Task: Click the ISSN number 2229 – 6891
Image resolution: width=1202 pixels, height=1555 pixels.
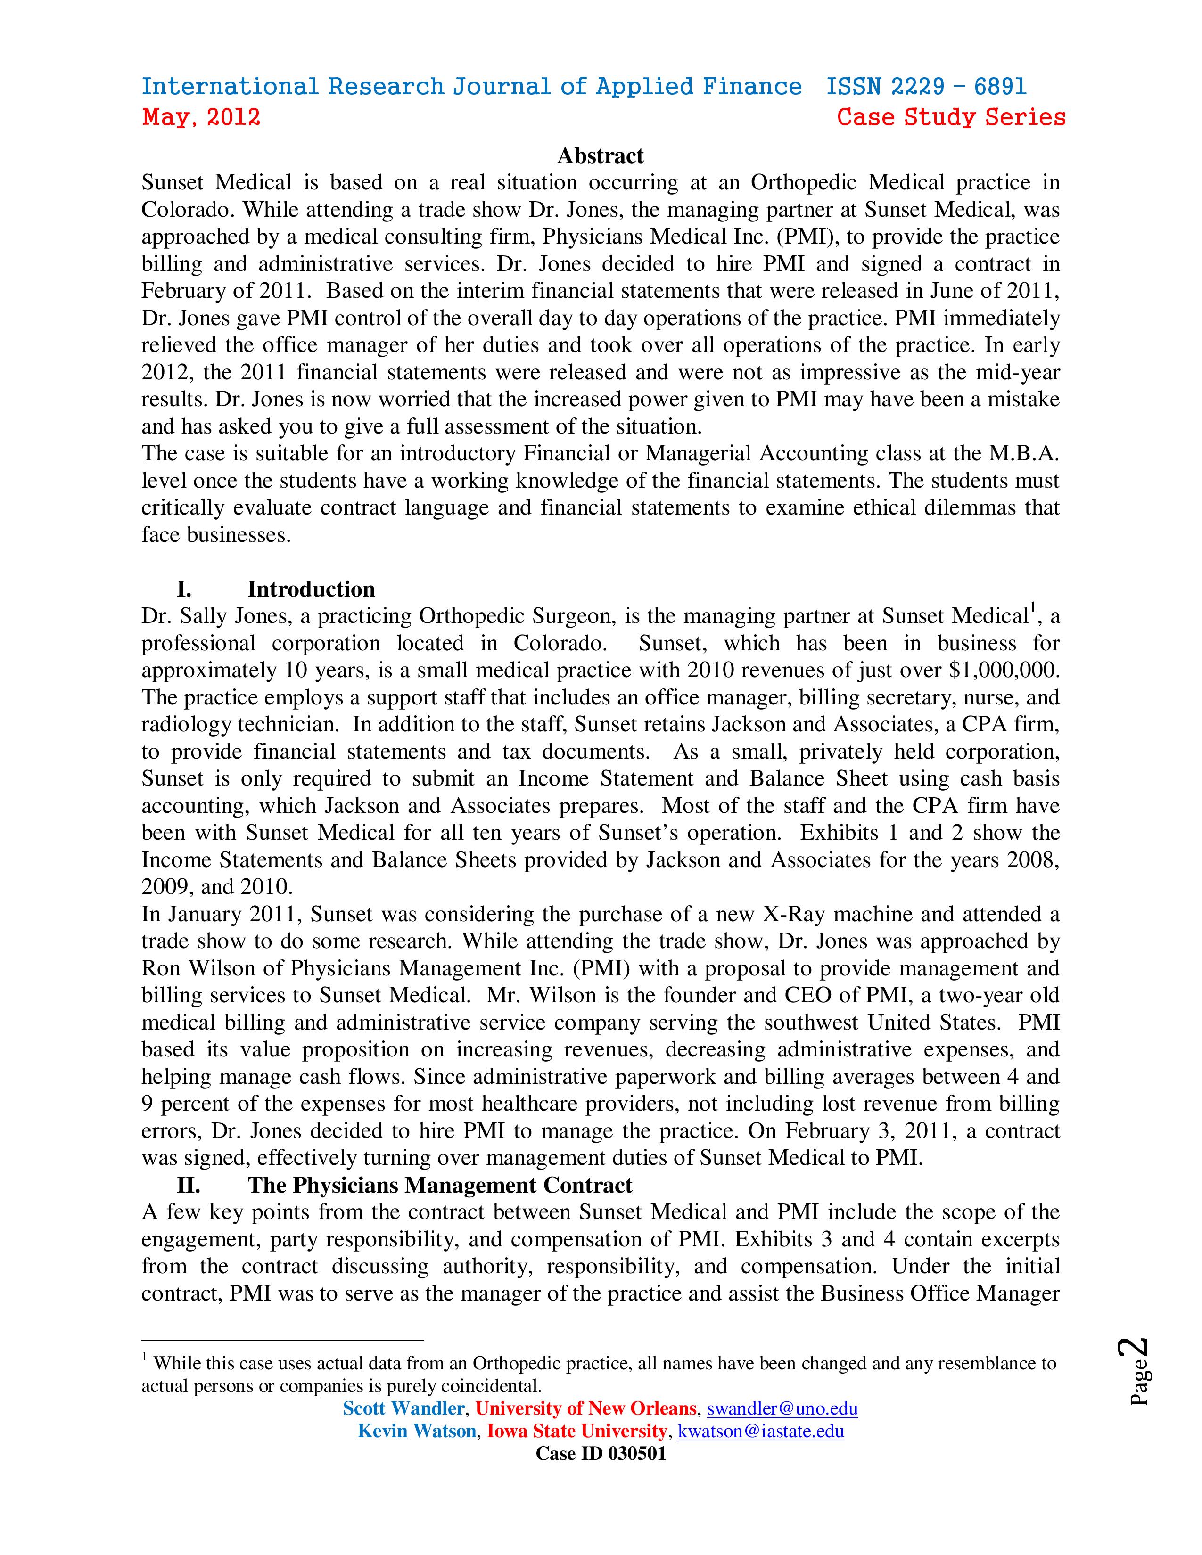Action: pyautogui.click(x=926, y=87)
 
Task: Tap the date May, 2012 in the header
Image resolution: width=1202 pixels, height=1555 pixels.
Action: pyautogui.click(x=201, y=117)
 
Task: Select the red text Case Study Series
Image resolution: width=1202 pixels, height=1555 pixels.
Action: pyautogui.click(x=951, y=117)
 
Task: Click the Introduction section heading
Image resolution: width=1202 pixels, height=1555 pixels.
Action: pyautogui.click(x=311, y=589)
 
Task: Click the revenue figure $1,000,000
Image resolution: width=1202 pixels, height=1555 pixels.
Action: pyautogui.click(x=1004, y=670)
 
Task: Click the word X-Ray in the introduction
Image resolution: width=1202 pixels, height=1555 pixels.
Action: pyautogui.click(x=790, y=914)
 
